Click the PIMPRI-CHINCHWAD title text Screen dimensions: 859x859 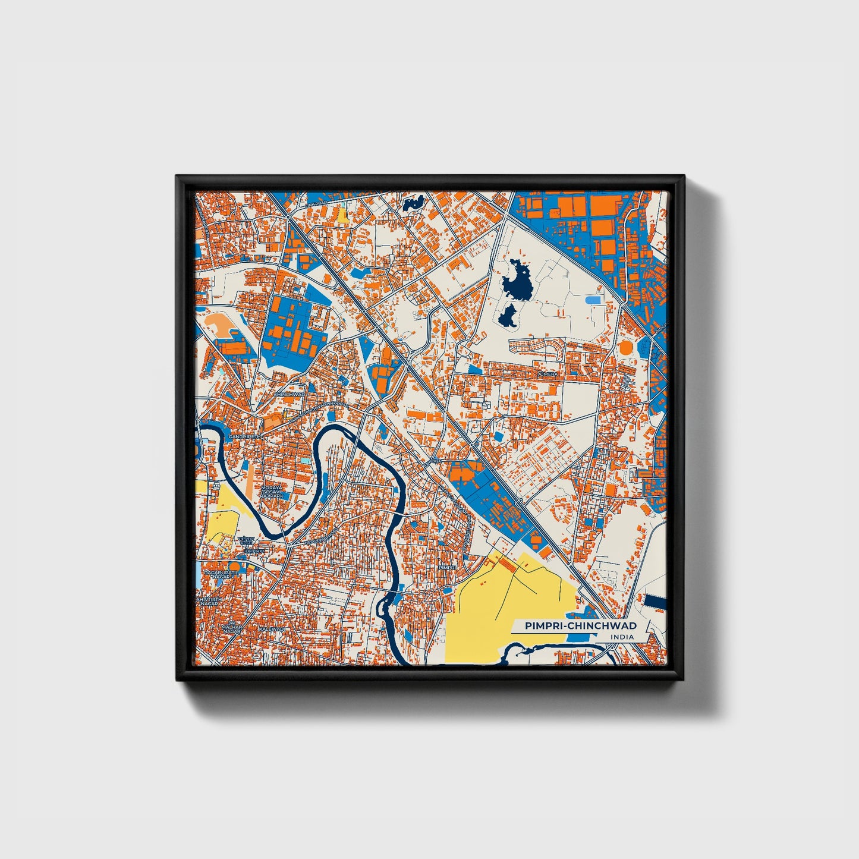point(580,626)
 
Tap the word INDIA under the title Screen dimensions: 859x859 point(621,637)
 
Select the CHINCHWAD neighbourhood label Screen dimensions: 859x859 point(289,394)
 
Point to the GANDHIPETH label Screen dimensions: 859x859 point(248,436)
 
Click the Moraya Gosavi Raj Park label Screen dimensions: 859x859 point(273,492)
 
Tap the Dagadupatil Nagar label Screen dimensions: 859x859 point(220,574)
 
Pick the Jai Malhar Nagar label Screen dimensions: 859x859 point(230,627)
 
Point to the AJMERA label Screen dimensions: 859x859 point(548,375)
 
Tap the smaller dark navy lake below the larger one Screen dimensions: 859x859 point(507,316)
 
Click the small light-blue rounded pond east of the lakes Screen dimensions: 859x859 point(593,300)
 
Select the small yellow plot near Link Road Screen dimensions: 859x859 point(343,215)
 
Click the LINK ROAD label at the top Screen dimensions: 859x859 point(317,203)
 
